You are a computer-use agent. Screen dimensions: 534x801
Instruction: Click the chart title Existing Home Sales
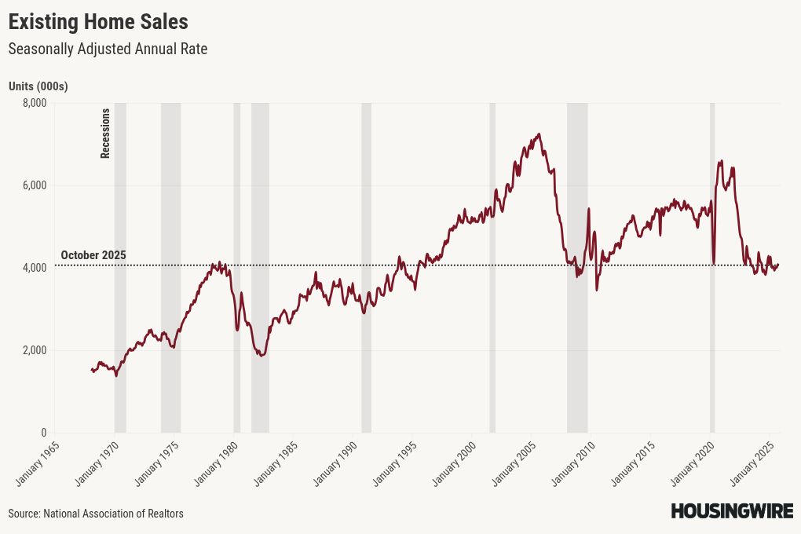coord(98,20)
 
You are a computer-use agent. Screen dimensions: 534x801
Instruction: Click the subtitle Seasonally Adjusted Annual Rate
coord(108,49)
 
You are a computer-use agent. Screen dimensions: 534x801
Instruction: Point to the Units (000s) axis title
coord(38,86)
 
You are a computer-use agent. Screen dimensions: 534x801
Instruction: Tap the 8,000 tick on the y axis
coord(34,103)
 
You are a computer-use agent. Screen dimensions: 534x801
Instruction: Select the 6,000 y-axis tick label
coord(34,185)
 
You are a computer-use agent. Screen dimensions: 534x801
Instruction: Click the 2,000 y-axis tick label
coord(34,350)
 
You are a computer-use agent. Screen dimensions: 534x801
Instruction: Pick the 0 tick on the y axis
coord(43,433)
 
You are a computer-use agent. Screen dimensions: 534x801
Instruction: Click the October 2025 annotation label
coord(93,255)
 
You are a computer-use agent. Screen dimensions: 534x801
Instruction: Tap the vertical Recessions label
coord(105,133)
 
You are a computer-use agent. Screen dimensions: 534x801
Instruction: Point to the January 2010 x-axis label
coord(570,464)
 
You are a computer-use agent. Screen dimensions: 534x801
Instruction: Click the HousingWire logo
coord(732,511)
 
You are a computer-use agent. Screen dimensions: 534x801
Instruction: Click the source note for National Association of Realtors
coord(96,514)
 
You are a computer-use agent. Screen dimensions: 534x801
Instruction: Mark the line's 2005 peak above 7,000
coord(538,134)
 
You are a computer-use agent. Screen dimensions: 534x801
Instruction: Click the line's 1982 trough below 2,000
coord(262,356)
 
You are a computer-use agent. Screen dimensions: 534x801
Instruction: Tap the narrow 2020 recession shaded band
coord(712,267)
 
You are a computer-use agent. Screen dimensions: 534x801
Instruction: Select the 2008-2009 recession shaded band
coord(577,267)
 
